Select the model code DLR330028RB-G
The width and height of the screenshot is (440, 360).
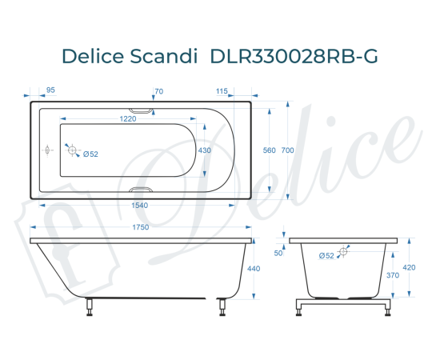pos(293,57)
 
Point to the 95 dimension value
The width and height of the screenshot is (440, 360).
pos(51,91)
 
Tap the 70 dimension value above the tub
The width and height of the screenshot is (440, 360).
pos(158,91)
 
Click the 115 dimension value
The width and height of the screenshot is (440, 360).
pos(222,91)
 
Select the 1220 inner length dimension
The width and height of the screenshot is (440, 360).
pos(122,119)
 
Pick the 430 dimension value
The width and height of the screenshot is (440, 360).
pos(205,150)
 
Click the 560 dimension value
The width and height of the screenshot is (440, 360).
pos(270,150)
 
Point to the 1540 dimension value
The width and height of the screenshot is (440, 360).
pos(139,205)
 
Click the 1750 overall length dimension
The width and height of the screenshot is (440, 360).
pos(139,228)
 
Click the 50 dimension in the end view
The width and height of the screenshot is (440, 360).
pos(279,253)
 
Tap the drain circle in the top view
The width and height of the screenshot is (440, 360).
pos(71,150)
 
